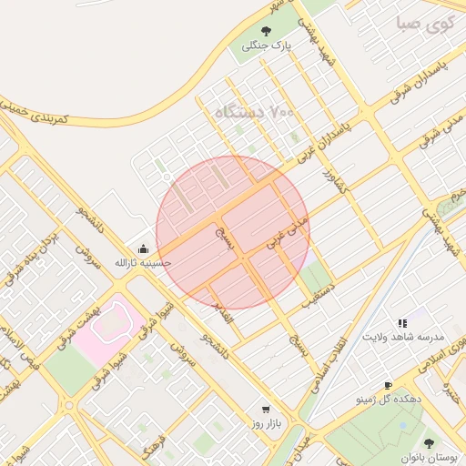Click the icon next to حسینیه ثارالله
coord(142,248)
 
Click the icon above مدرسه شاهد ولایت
coord(401,322)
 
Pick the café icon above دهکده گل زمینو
coord(388,386)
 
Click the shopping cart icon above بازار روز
coord(266,410)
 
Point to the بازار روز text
coord(268,424)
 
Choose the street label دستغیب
coord(319,298)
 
